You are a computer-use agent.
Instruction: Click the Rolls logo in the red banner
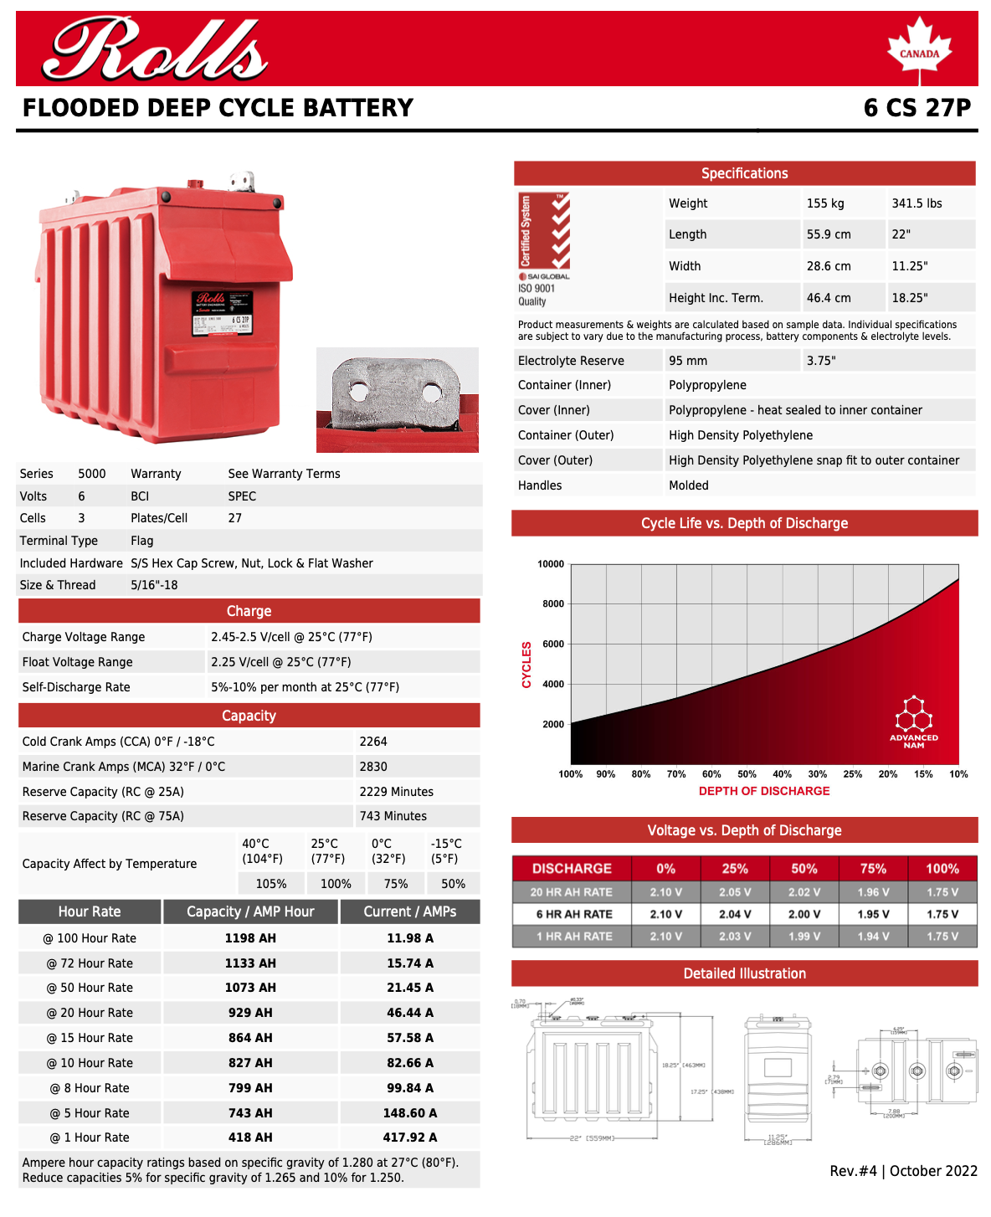156,49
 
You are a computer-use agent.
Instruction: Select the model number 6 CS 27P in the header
917,108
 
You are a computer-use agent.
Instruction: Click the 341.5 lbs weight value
917,203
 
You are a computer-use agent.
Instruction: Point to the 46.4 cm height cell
829,298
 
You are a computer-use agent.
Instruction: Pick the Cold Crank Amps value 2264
373,742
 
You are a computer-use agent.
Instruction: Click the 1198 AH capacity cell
250,938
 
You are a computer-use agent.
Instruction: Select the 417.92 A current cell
410,1137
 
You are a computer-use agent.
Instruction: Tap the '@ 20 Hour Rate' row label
90,1013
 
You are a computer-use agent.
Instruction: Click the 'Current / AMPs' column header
410,911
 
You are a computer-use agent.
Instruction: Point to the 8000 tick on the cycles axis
552,603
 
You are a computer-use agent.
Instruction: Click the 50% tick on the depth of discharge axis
747,774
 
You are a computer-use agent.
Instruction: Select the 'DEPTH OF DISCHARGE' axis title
764,791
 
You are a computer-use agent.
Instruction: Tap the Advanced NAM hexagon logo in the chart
914,721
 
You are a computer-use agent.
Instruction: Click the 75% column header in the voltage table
873,869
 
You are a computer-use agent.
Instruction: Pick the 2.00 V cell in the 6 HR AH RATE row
804,914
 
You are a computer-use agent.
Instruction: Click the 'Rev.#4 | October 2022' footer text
903,1171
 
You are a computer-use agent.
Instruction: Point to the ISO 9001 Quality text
537,295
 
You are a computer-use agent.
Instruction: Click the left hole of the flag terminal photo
360,391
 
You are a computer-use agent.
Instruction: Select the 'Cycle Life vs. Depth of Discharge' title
744,523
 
